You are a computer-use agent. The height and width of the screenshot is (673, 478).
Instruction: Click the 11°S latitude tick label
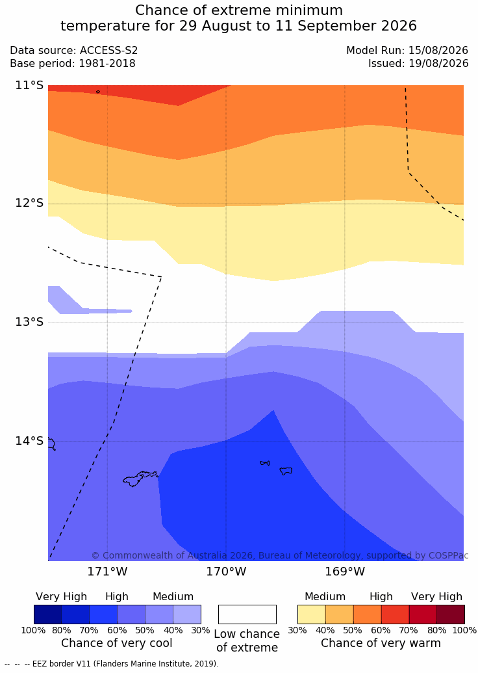[x=30, y=85]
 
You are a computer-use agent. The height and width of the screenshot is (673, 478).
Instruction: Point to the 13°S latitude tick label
[x=30, y=322]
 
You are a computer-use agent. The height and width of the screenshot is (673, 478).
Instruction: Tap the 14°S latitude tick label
[x=30, y=441]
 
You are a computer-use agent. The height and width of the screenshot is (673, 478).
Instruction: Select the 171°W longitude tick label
[x=107, y=572]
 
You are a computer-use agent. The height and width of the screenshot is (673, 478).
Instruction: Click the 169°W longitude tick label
[x=345, y=572]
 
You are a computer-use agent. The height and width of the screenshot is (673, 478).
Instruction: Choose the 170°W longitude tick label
[x=227, y=572]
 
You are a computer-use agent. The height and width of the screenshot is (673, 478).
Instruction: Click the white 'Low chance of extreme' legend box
[x=247, y=614]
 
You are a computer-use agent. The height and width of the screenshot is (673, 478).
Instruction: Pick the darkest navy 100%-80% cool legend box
[x=47, y=614]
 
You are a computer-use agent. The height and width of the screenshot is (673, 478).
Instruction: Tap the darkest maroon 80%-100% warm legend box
[x=451, y=614]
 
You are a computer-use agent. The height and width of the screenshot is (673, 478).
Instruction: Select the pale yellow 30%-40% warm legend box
[x=312, y=614]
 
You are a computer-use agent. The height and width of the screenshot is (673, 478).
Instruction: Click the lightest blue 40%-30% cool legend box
[x=187, y=614]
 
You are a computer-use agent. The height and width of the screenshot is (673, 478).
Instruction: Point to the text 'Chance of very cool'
[x=117, y=643]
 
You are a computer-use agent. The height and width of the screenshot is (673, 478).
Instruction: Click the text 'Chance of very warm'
[x=381, y=643]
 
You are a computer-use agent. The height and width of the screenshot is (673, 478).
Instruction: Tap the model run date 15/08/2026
[x=438, y=50]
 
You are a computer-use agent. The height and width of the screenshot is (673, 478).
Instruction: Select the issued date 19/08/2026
[x=438, y=64]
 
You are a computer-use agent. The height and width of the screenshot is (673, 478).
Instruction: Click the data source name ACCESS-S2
[x=109, y=50]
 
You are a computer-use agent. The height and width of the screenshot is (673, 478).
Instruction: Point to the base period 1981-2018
[x=107, y=64]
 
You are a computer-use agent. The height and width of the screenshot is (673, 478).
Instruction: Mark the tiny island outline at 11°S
[x=98, y=92]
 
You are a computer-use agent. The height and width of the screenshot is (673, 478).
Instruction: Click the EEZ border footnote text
[x=112, y=663]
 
